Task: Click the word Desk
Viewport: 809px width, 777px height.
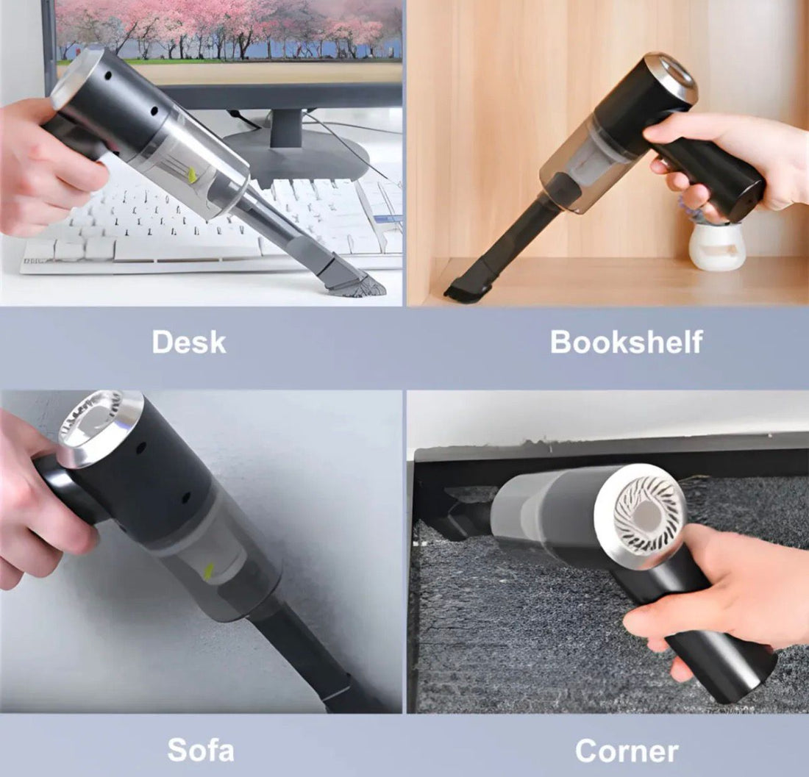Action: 189,342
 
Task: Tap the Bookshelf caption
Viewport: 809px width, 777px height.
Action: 626,342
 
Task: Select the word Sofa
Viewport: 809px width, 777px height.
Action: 200,750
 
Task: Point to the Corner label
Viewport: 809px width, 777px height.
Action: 627,751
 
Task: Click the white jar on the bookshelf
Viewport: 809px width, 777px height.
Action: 717,246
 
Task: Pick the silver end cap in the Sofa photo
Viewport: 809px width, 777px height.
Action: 99,426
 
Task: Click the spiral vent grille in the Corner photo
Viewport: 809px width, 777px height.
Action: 640,515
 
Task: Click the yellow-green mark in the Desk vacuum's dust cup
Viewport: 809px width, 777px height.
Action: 193,175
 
